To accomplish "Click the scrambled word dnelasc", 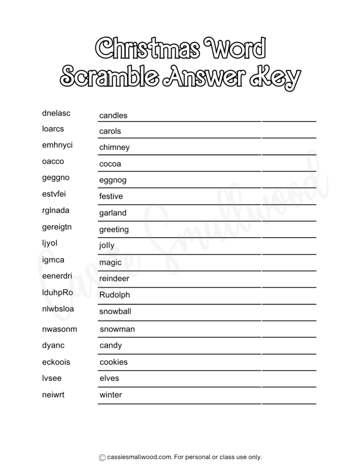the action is click(x=56, y=113).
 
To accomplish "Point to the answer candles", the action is click(x=113, y=115).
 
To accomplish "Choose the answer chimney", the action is click(x=115, y=147).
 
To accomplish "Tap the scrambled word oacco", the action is click(x=53, y=161).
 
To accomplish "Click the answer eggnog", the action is click(x=113, y=180).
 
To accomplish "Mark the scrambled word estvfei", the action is click(x=53, y=194).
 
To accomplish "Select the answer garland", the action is click(x=113, y=213).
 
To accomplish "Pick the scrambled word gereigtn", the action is click(x=57, y=227).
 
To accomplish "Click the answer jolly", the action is click(x=107, y=246).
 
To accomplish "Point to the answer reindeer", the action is click(x=114, y=278).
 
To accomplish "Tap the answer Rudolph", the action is click(x=115, y=295).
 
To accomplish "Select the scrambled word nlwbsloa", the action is click(x=58, y=309).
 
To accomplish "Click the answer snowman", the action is click(x=117, y=329).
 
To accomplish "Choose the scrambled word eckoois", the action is click(x=56, y=362).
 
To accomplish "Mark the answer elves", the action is click(x=109, y=378).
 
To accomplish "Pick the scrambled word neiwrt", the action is click(x=53, y=394).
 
